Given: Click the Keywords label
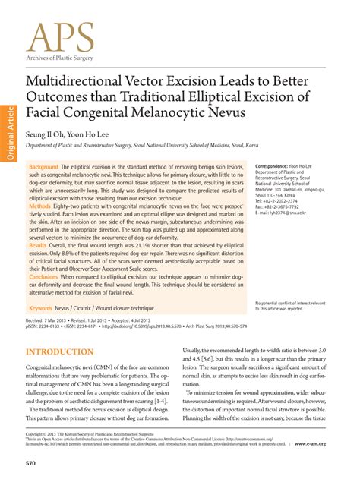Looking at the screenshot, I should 46,309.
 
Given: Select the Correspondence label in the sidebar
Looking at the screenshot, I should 276,165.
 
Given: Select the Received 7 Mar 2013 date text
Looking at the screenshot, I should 53,322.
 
